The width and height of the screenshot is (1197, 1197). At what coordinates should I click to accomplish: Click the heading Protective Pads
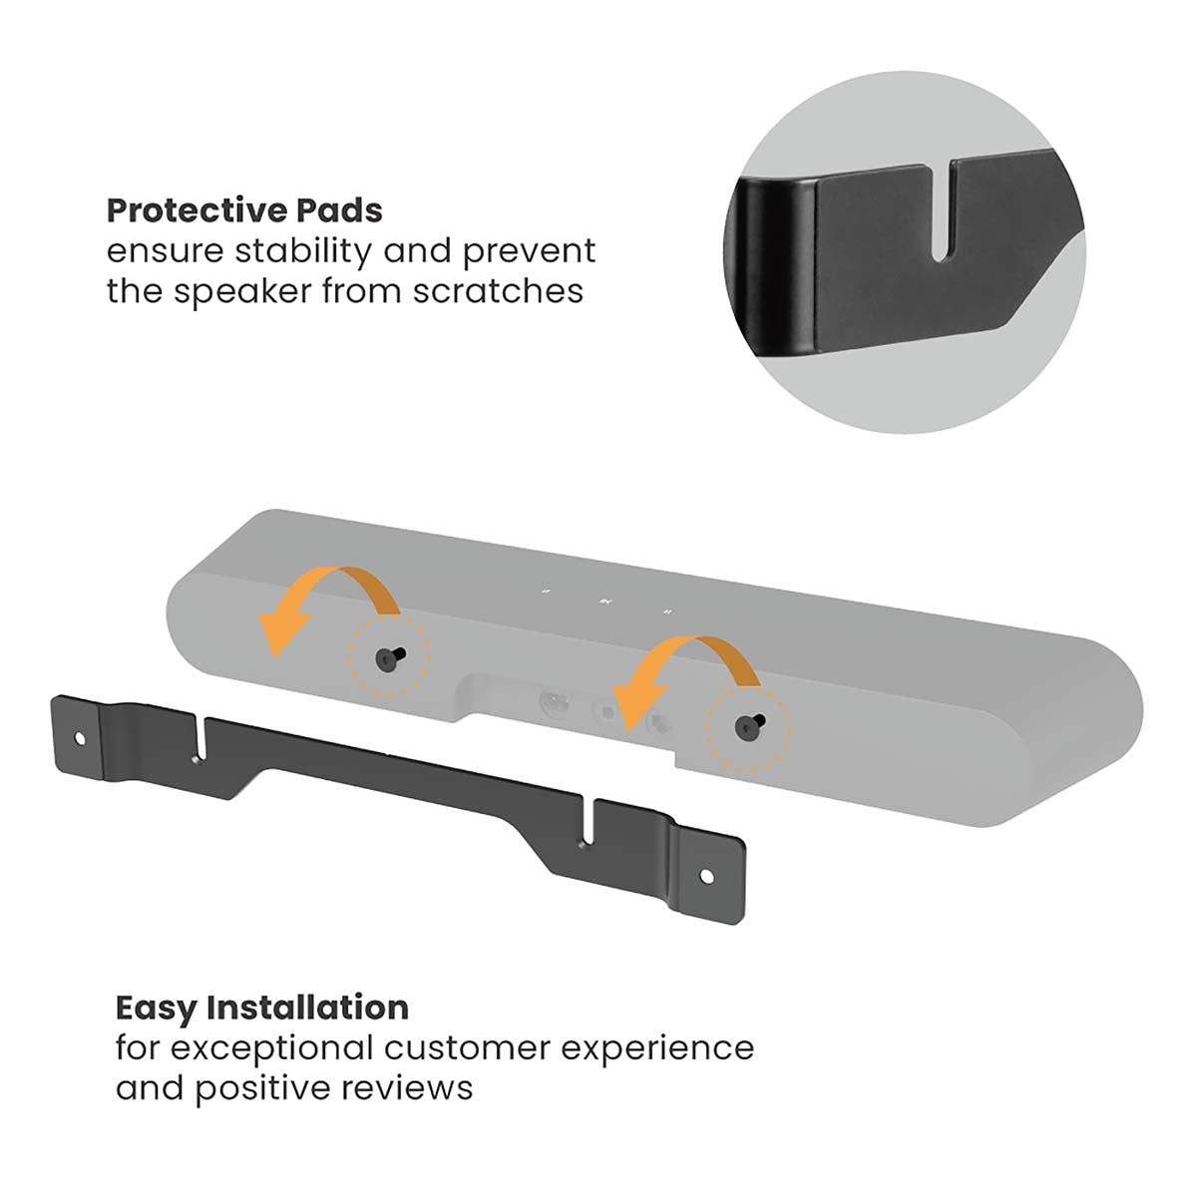coord(244,211)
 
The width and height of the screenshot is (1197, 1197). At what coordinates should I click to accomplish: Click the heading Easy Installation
coord(261,1007)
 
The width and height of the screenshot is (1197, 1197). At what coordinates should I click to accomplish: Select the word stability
coord(297,250)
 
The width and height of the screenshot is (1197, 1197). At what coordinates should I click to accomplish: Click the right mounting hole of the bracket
coord(706,876)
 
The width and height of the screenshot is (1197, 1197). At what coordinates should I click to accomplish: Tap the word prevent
coord(529,250)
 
